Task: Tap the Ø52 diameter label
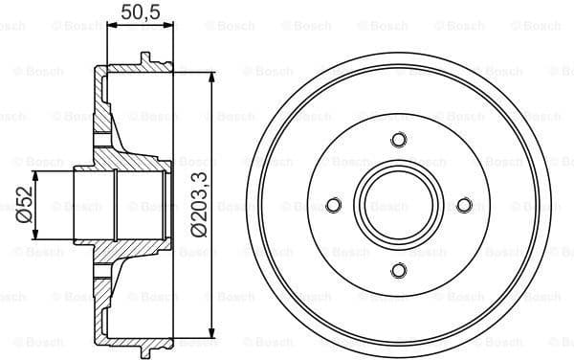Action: click(23, 206)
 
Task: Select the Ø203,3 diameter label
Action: click(199, 205)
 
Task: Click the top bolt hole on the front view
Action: click(398, 141)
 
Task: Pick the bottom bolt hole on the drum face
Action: click(398, 271)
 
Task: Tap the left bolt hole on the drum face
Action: click(333, 206)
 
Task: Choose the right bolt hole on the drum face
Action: click(464, 206)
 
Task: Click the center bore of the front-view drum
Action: click(398, 206)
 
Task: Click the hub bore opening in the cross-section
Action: click(96, 206)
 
